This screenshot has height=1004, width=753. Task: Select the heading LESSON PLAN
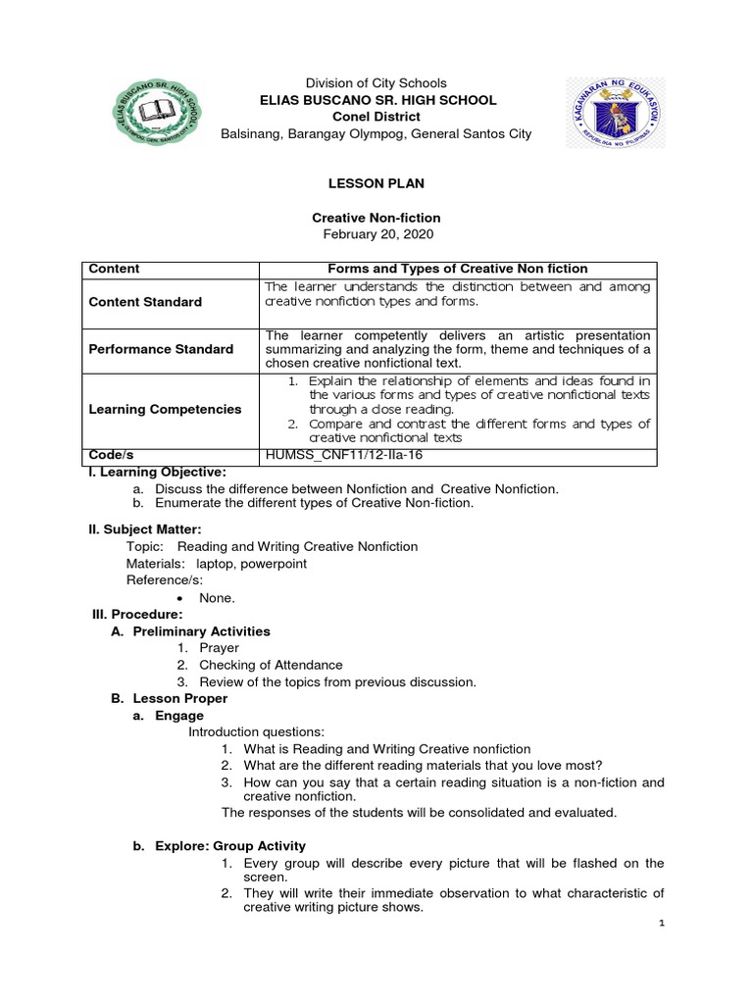click(376, 183)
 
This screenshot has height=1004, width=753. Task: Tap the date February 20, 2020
click(376, 234)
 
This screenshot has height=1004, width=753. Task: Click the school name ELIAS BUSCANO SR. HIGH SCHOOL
click(376, 100)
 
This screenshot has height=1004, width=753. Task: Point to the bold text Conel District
click(376, 117)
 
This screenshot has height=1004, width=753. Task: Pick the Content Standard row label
click(145, 302)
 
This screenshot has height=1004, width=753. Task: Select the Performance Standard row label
click(161, 349)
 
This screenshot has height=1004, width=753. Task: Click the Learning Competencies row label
click(165, 409)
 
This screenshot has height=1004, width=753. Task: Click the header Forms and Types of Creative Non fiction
click(457, 269)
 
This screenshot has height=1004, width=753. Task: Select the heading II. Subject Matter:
click(145, 529)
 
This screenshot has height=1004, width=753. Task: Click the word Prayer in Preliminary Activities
click(219, 647)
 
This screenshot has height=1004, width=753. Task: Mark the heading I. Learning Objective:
click(157, 473)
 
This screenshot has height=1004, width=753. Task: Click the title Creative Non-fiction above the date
click(376, 217)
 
